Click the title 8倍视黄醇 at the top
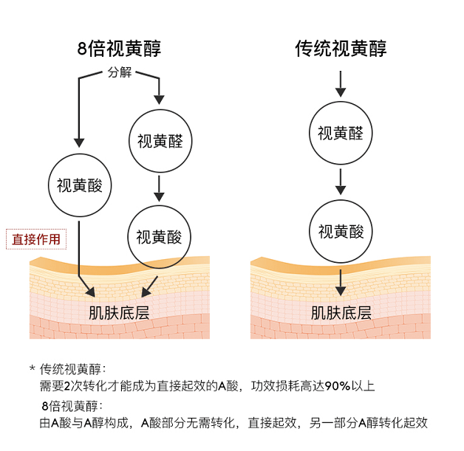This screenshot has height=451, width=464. [x=119, y=49]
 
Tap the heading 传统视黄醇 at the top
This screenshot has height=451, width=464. [x=341, y=49]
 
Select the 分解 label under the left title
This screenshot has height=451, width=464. [x=118, y=73]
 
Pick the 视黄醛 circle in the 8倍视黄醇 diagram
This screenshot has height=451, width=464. [x=160, y=140]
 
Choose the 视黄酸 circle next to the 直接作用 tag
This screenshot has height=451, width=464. [x=79, y=185]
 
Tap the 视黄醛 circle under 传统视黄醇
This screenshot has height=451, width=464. [x=341, y=133]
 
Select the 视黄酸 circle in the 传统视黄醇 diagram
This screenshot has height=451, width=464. [x=341, y=231]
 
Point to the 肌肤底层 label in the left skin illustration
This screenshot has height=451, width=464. [x=119, y=311]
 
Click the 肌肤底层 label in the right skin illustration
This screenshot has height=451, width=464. [x=341, y=311]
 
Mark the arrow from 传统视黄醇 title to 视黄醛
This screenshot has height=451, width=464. [x=341, y=85]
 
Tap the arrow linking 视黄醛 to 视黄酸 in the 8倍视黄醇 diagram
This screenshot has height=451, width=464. [x=159, y=187]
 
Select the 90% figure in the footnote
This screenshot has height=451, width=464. [x=338, y=386]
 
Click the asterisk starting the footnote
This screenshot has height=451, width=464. [x=33, y=368]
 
